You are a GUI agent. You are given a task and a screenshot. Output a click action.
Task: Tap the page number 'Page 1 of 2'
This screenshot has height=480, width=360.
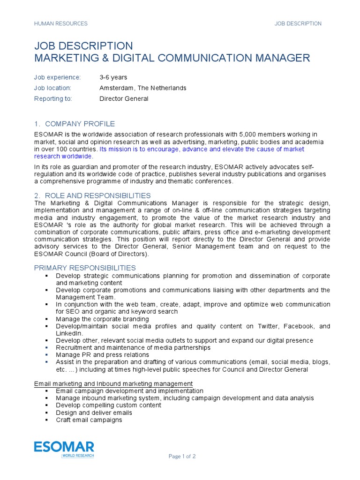click(x=182, y=456)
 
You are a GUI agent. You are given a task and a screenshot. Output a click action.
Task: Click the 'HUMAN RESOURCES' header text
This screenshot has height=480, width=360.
click(x=61, y=23)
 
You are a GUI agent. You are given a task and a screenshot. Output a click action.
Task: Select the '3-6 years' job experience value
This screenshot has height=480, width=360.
click(x=113, y=77)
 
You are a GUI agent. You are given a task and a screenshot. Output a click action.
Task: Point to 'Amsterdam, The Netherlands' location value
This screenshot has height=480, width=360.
click(x=142, y=88)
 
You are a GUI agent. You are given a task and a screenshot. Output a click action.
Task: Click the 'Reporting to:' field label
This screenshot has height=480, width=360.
click(x=52, y=99)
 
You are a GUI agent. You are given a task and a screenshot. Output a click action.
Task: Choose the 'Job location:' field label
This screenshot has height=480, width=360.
click(x=53, y=88)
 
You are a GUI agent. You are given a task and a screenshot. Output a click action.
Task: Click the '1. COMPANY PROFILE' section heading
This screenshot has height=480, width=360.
click(x=75, y=124)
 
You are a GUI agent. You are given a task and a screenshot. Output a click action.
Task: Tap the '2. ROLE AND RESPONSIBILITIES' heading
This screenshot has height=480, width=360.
click(x=92, y=195)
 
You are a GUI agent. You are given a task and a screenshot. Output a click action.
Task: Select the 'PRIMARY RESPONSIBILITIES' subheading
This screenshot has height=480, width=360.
click(x=85, y=268)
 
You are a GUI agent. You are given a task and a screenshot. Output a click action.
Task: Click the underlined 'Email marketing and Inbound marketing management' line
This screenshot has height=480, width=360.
click(x=113, y=384)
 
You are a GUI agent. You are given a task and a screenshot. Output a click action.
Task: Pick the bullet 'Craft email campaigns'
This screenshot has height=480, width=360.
click(x=89, y=420)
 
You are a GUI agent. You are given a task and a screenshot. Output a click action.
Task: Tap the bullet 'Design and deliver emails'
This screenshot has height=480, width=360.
click(x=94, y=413)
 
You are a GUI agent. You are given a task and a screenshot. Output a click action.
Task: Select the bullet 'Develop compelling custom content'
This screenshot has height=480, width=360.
click(x=108, y=405)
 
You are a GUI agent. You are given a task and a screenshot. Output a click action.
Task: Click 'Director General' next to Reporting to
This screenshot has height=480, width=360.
click(x=124, y=99)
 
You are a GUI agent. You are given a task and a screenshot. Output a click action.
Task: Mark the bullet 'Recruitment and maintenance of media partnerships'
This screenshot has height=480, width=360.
click(x=133, y=348)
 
